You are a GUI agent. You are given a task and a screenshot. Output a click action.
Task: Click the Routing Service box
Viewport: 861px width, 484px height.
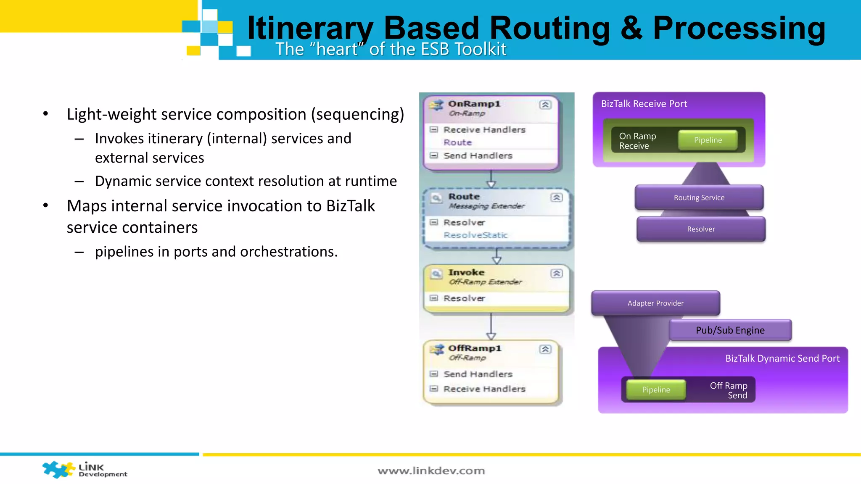coord(699,197)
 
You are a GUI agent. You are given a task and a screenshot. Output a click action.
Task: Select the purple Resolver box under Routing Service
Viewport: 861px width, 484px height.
coord(701,229)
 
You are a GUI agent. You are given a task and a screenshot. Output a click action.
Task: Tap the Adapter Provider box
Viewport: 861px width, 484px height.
coord(655,303)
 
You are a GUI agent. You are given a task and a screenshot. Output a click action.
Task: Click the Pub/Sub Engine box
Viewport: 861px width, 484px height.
coord(730,330)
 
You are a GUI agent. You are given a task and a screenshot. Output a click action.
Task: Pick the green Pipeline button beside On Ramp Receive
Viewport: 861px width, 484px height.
coord(708,140)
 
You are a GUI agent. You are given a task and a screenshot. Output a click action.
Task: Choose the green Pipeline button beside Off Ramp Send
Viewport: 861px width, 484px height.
coord(656,390)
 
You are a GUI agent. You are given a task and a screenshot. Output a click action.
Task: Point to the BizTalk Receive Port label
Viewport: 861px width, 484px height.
coord(644,104)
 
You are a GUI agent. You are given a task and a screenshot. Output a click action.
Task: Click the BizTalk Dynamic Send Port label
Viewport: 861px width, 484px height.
coord(782,358)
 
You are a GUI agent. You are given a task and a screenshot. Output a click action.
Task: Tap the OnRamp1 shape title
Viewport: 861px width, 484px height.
coord(474,104)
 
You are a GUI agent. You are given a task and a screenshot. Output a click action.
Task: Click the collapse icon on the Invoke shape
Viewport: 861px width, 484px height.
coord(557,274)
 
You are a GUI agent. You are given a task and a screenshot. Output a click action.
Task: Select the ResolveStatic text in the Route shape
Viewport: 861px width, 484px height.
coord(475,235)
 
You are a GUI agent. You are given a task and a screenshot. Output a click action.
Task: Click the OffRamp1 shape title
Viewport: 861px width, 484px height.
coord(475,348)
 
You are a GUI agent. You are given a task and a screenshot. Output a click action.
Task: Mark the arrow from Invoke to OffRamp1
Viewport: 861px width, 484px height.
coord(491,327)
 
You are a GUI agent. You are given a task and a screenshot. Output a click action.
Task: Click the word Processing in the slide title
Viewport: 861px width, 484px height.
coord(739,29)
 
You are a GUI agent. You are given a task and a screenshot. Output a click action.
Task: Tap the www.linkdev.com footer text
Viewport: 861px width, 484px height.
coord(431,471)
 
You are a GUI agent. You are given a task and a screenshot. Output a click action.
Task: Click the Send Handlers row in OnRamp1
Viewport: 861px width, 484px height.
coord(478,156)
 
